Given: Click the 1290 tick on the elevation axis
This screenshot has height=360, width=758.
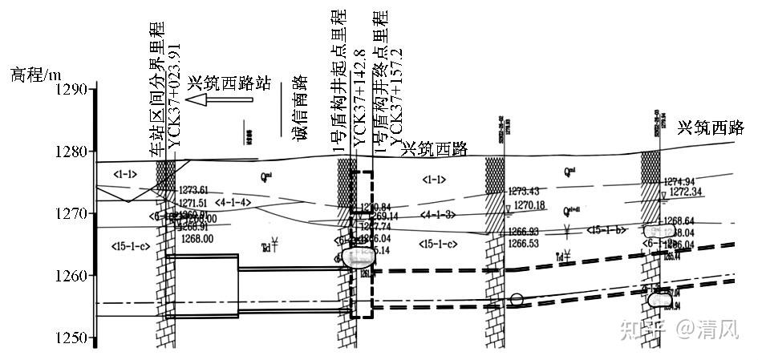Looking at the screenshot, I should tap(71, 88).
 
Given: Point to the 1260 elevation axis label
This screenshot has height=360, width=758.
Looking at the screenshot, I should tap(71, 276).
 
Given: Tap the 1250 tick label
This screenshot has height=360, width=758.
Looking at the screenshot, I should tap(71, 338).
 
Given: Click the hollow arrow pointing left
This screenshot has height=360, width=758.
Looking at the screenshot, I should tap(219, 100).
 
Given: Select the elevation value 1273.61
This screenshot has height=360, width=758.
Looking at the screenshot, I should tap(193, 190).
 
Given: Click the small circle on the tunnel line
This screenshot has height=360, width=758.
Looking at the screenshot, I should tap(517, 300).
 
